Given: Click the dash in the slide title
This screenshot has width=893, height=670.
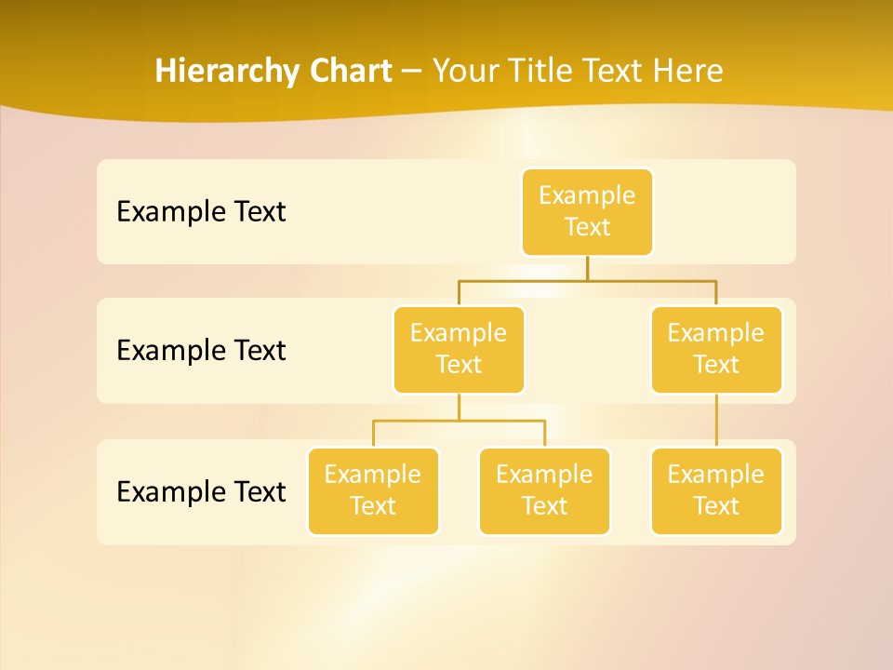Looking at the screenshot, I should tap(411, 72).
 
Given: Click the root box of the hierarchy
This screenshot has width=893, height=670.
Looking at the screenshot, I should tap(587, 211).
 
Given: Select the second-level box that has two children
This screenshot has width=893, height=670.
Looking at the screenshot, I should tap(459, 349).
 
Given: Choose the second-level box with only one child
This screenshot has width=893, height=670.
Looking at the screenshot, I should tap(716, 349).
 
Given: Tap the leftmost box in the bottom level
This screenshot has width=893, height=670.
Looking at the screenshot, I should tap(373, 490).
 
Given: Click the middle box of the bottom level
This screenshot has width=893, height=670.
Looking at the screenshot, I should tap(544, 490).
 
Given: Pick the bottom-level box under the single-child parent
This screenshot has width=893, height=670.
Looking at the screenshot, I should tap(716, 490).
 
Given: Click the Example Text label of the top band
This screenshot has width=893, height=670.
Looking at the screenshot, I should tap(201, 212).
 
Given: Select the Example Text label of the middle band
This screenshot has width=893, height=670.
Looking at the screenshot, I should tap(201, 351).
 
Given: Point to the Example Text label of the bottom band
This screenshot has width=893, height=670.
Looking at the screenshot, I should tap(201, 491).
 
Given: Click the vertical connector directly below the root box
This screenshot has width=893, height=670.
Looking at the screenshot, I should tap(587, 268).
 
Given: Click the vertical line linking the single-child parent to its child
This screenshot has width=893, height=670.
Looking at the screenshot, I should tap(716, 421).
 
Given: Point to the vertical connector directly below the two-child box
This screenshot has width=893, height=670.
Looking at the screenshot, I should tap(459, 408).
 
